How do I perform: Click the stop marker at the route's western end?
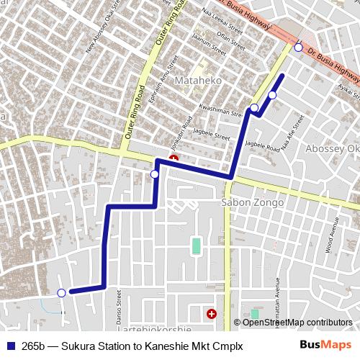pyautogui.click(x=62, y=292)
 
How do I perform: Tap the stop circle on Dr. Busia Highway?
pyautogui.click(x=298, y=48)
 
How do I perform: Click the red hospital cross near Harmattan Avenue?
pyautogui.click(x=212, y=314)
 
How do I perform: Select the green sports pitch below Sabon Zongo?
pyautogui.click(x=197, y=246)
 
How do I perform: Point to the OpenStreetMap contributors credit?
pyautogui.click(x=297, y=322)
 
